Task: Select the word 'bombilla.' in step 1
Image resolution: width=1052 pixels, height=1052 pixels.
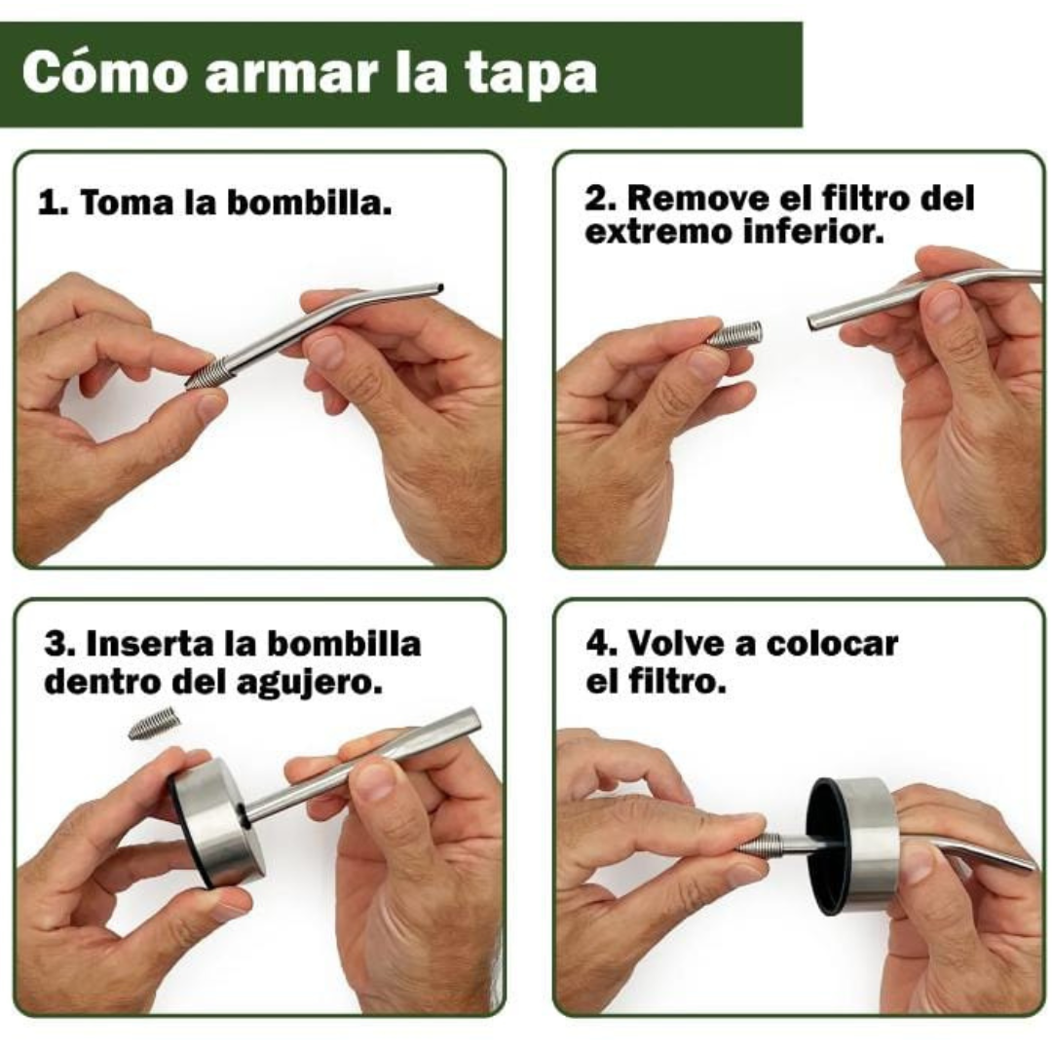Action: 310,202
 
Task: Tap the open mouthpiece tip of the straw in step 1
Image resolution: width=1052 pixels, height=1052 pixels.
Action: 438,288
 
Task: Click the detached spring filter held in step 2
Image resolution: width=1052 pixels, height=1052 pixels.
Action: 734,333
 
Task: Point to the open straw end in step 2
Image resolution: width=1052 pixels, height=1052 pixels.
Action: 812,322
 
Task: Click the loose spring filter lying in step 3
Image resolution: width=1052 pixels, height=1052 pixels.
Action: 154,725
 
